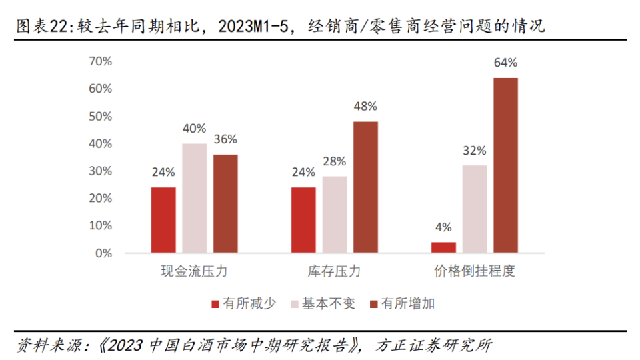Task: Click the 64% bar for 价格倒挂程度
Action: tap(505, 165)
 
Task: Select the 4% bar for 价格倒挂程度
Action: tap(443, 247)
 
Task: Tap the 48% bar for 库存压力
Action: tap(365, 187)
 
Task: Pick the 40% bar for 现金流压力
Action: tap(194, 198)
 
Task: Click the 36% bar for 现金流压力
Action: tap(225, 204)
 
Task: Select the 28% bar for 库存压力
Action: tap(334, 215)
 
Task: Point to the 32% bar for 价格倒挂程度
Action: tap(475, 209)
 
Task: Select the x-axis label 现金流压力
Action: tap(194, 272)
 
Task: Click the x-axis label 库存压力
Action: tap(334, 272)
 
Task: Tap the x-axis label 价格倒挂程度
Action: tap(475, 272)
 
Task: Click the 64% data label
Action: tap(505, 63)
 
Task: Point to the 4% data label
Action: tap(443, 227)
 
